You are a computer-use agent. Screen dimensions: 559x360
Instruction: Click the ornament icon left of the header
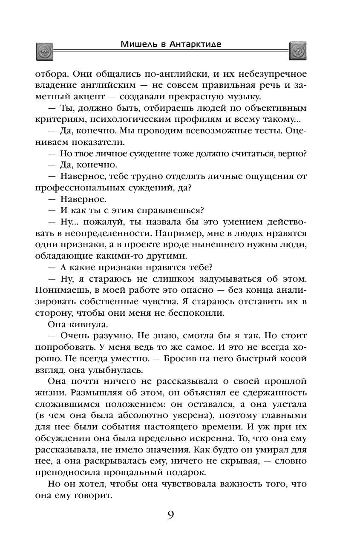[43, 52]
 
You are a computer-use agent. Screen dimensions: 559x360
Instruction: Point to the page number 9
[170, 515]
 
